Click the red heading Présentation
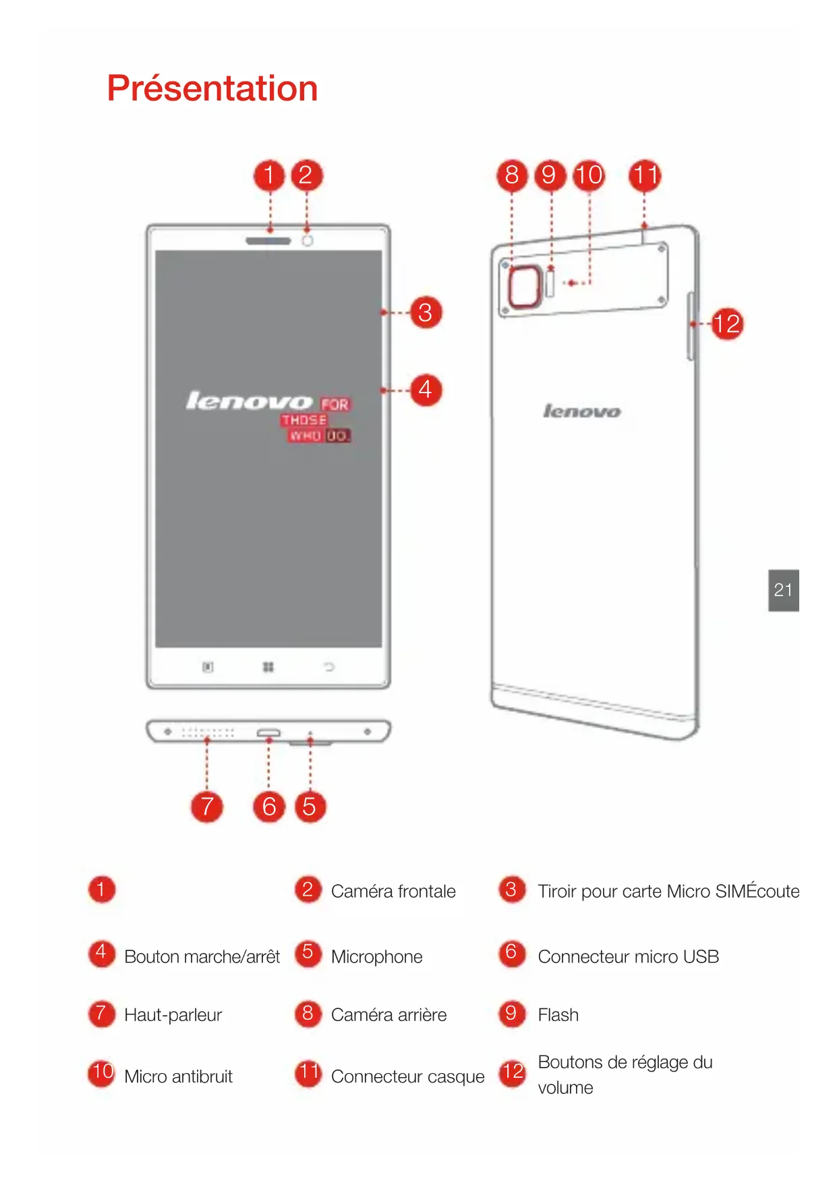(x=212, y=88)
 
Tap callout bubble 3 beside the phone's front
(x=426, y=312)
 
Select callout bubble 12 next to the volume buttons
(x=727, y=324)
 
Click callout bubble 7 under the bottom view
(x=207, y=807)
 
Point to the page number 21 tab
(x=783, y=590)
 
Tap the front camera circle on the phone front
(x=307, y=241)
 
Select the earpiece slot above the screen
(x=268, y=241)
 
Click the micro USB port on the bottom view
(x=268, y=732)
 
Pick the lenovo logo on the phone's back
(x=581, y=411)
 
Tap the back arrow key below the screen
(x=329, y=667)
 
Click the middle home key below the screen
(x=268, y=667)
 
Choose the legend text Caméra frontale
(x=393, y=892)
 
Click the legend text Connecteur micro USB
(x=628, y=956)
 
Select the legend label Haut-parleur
(x=173, y=1015)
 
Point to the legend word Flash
(x=558, y=1015)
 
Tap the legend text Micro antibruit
(x=178, y=1076)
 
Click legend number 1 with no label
(x=101, y=889)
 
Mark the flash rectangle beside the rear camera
(x=550, y=283)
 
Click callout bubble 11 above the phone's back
(x=645, y=175)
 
